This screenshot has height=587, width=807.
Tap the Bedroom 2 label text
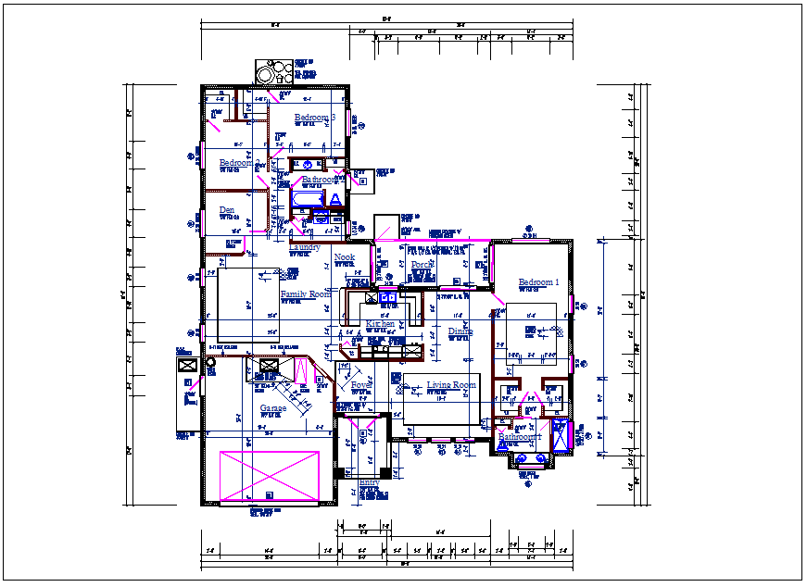[x=236, y=164]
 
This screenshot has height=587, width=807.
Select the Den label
[x=227, y=210]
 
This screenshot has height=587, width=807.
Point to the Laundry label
[x=305, y=247]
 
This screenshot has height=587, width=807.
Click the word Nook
[x=345, y=257]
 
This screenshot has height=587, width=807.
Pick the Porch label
[x=422, y=265]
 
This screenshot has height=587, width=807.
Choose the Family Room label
[x=305, y=294]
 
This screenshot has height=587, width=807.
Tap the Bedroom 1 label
[x=538, y=282]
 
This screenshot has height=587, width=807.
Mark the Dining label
[x=460, y=331]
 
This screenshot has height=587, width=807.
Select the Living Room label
[x=451, y=385]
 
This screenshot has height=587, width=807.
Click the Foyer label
[x=360, y=385]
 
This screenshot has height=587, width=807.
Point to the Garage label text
[x=272, y=408]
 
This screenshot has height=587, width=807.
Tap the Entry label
[x=369, y=483]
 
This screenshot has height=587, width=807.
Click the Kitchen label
[x=380, y=324]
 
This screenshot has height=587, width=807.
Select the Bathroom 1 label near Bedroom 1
[x=519, y=437]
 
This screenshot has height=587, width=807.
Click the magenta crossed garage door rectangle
[x=270, y=477]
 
